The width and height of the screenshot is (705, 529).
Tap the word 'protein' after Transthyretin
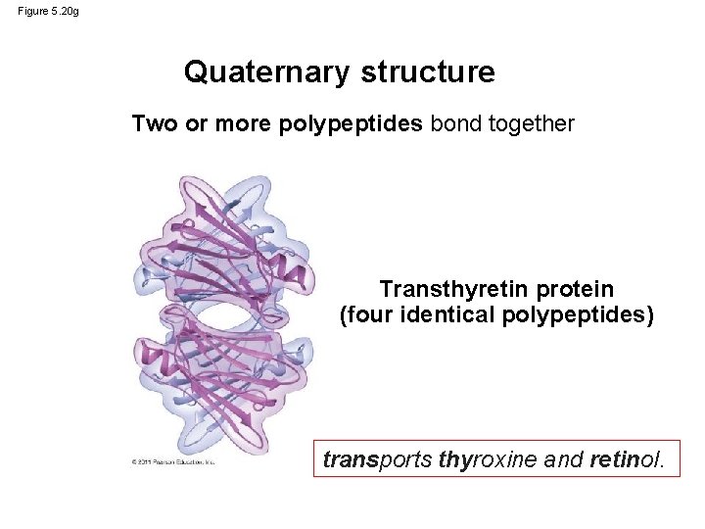[576, 290]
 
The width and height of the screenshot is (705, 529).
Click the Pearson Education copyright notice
[172, 461]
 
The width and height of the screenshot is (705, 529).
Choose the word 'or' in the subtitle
[196, 124]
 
